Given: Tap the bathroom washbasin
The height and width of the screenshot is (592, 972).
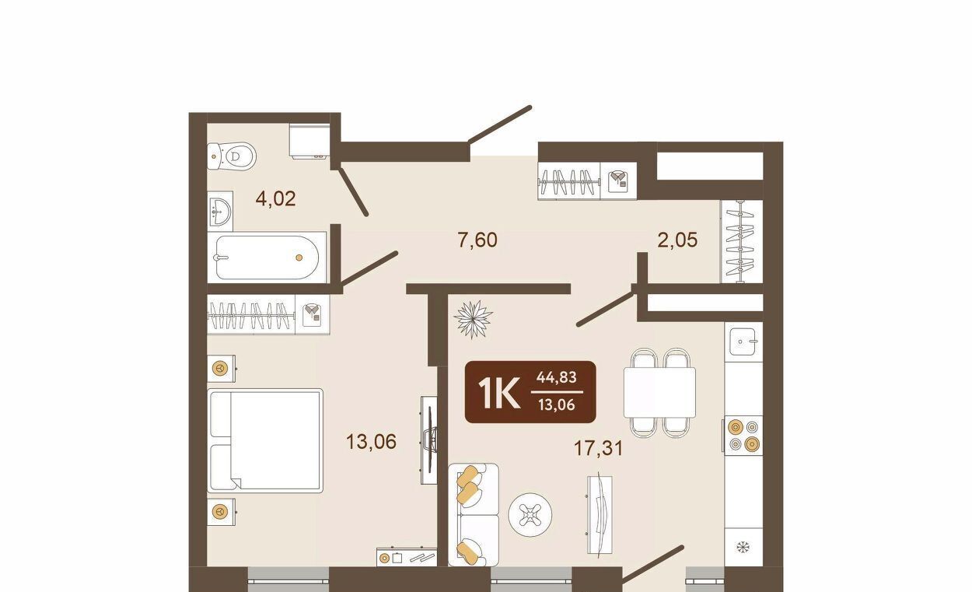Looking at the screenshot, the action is pyautogui.click(x=220, y=212).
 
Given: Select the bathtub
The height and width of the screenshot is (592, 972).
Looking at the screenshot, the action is pyautogui.click(x=267, y=257).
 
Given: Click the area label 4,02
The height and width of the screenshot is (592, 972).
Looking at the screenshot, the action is pyautogui.click(x=275, y=199).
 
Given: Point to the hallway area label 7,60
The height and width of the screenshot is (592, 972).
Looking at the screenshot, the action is pyautogui.click(x=477, y=240).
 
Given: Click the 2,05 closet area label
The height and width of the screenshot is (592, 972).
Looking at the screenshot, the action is pyautogui.click(x=678, y=240).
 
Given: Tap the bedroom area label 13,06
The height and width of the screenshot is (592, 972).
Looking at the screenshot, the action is pyautogui.click(x=371, y=442).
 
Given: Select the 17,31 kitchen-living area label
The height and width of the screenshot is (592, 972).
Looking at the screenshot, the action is pyautogui.click(x=599, y=448).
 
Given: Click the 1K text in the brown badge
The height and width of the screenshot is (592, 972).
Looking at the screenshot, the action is pyautogui.click(x=498, y=393).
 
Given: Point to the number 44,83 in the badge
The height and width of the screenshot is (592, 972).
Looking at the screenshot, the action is pyautogui.click(x=557, y=377).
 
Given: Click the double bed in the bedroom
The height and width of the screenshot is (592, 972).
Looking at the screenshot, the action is pyautogui.click(x=265, y=440).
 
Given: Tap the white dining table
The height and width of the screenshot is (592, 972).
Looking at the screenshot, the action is pyautogui.click(x=659, y=392).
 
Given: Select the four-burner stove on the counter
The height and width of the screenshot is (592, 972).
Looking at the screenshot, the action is pyautogui.click(x=743, y=436).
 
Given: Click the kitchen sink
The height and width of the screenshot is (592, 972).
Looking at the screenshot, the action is pyautogui.click(x=743, y=342).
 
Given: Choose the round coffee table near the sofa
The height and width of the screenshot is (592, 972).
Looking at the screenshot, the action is pyautogui.click(x=530, y=515).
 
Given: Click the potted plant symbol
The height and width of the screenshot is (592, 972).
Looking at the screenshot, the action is pyautogui.click(x=474, y=319).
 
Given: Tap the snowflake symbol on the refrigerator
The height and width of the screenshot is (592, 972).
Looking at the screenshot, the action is pyautogui.click(x=743, y=547).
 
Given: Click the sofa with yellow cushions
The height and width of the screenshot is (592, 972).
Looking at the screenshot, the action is pyautogui.click(x=474, y=515).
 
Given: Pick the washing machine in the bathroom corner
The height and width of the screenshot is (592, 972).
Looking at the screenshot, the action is pyautogui.click(x=309, y=141).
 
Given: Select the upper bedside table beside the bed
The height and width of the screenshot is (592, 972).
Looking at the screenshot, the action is pyautogui.click(x=221, y=369).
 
